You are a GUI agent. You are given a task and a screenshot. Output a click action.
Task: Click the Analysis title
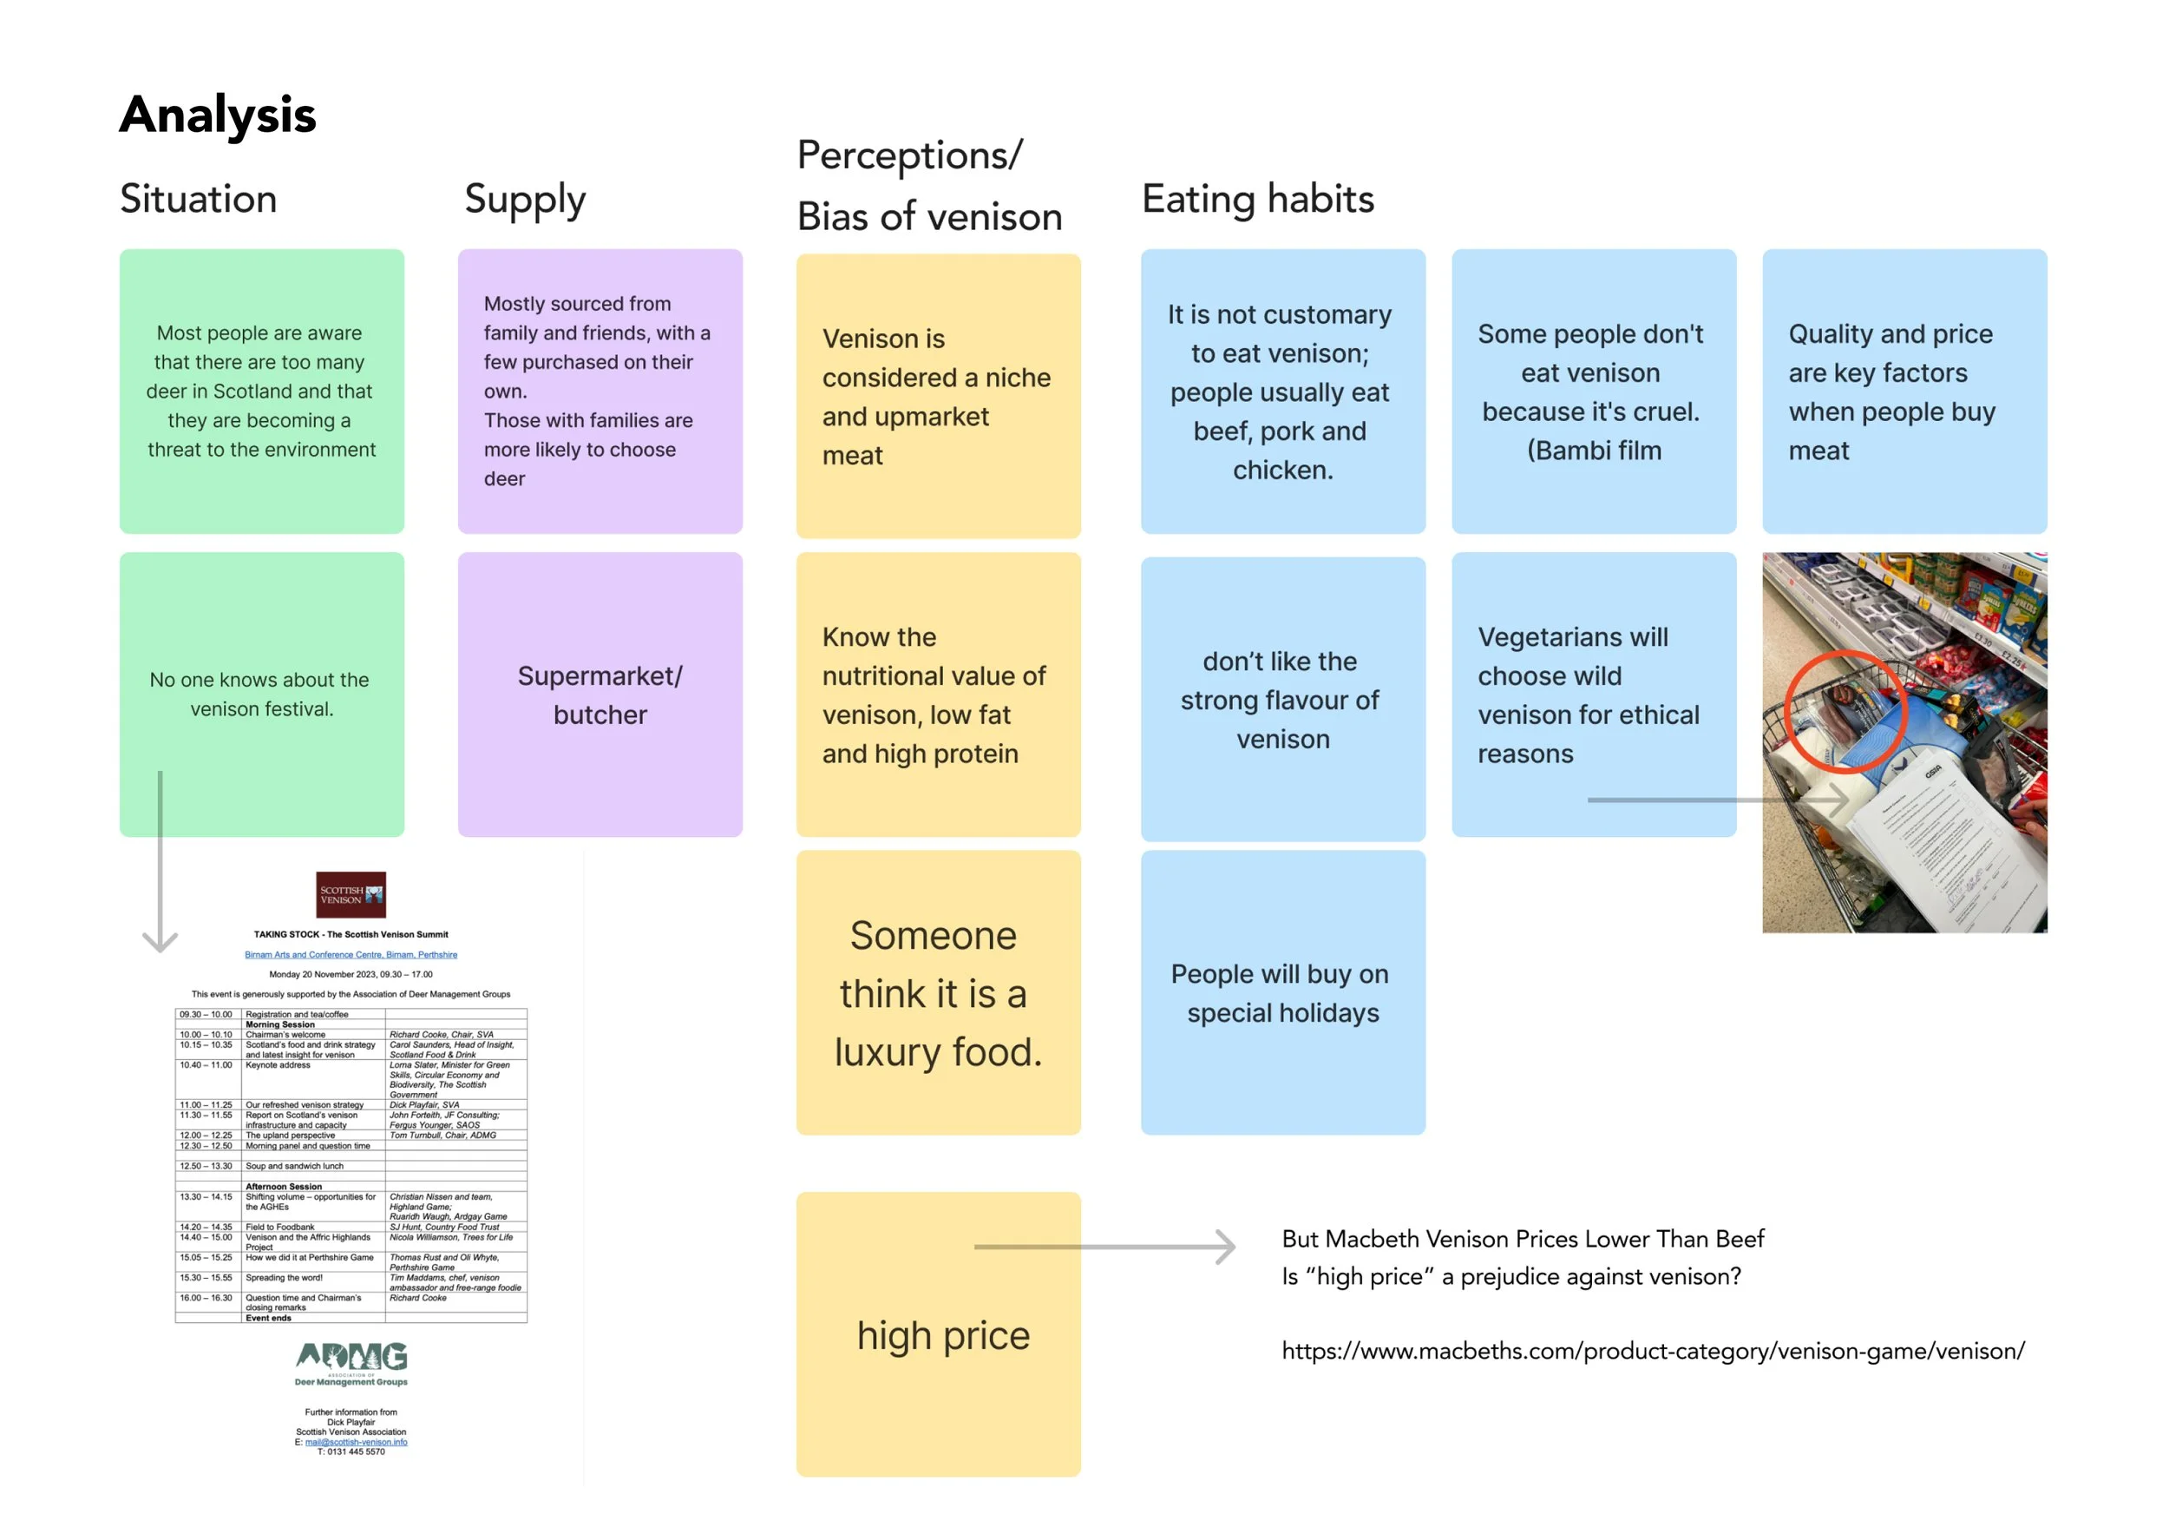(x=217, y=115)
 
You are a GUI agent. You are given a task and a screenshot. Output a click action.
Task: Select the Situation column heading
(x=199, y=200)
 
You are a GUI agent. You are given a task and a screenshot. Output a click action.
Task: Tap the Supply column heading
(x=524, y=201)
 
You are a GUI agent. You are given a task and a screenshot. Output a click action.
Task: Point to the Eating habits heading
(x=1257, y=200)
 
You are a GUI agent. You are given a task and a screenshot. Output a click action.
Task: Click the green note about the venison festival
(x=262, y=694)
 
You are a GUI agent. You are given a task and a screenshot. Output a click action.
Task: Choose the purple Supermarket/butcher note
(x=600, y=695)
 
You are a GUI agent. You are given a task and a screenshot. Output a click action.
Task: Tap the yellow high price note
(x=938, y=1333)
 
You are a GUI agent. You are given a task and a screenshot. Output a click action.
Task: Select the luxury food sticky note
(x=938, y=992)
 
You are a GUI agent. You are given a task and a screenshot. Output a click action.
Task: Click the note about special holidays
(x=1282, y=992)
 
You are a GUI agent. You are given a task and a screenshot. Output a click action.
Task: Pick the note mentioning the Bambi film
(x=1593, y=392)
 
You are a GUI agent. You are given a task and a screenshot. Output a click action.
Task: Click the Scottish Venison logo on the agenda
(x=351, y=894)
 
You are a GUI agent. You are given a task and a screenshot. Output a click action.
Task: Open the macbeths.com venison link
(x=1652, y=1351)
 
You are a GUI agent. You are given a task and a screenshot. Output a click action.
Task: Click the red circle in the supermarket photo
(x=1845, y=711)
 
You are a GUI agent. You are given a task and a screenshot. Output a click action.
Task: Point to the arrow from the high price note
(x=1105, y=1247)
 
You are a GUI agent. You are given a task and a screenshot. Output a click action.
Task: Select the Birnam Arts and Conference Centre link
(x=351, y=955)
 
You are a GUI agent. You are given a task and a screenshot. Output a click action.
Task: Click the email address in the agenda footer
(x=355, y=1441)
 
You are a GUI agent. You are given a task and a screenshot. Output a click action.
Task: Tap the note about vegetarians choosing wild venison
(x=1593, y=695)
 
